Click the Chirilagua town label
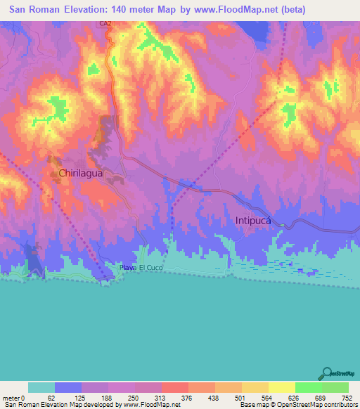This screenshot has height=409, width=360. [82, 172]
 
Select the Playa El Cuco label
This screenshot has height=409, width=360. [141, 268]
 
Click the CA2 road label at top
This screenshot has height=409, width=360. [106, 24]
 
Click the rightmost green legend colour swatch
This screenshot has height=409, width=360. [335, 387]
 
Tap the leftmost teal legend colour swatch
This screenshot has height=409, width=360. [41, 387]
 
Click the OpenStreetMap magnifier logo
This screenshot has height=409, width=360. [326, 374]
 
